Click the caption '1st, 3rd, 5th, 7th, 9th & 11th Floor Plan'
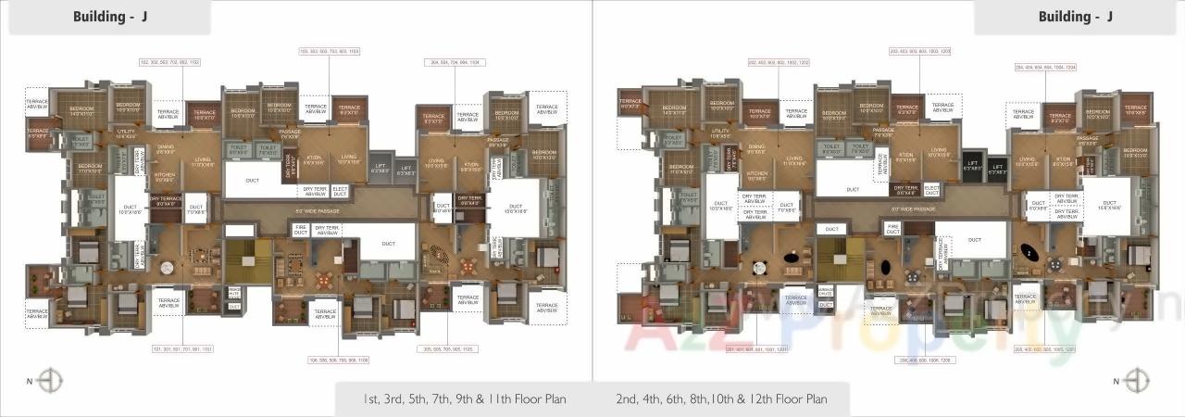[466, 399]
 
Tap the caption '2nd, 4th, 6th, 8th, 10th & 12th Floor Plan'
[721, 399]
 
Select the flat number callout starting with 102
[169, 62]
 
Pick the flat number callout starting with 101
[182, 348]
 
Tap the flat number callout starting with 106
[341, 359]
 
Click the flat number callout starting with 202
[778, 62]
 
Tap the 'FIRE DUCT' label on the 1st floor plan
[300, 229]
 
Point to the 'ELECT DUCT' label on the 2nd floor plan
[931, 190]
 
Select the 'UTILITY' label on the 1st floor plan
[126, 133]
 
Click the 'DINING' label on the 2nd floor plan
[757, 146]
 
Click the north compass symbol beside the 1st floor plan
[52, 380]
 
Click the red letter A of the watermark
[643, 338]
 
